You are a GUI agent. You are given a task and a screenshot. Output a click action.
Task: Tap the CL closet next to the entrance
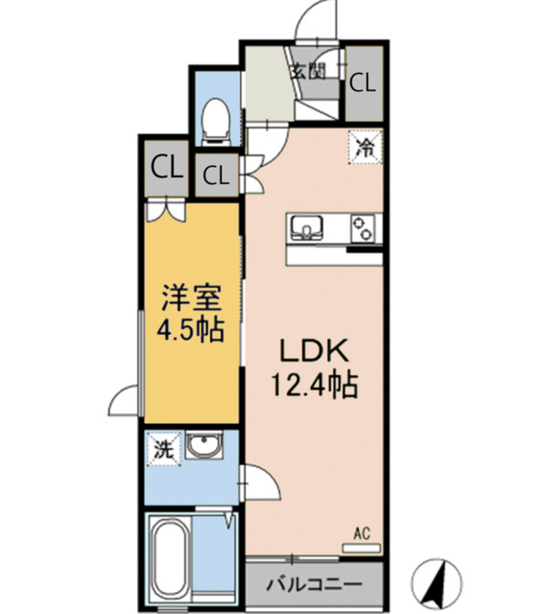point(363,82)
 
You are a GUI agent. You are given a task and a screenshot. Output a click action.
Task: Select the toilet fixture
point(216,120)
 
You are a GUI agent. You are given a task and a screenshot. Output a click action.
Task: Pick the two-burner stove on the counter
point(364,228)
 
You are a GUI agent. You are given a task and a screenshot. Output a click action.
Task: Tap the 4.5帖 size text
point(191,331)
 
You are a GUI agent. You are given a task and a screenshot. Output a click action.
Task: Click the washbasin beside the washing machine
point(202,448)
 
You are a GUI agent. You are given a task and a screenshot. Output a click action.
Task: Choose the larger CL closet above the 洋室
point(166,167)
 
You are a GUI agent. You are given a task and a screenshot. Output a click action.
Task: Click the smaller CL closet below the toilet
point(217,176)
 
